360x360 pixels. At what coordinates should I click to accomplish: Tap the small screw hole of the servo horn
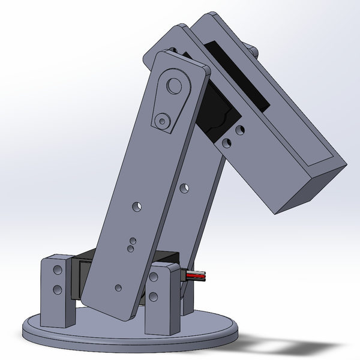161,121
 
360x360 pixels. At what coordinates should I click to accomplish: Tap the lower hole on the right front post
155,296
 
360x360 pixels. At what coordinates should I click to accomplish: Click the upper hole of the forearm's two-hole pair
240,130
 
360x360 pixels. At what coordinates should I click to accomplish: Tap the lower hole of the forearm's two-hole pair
226,143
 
